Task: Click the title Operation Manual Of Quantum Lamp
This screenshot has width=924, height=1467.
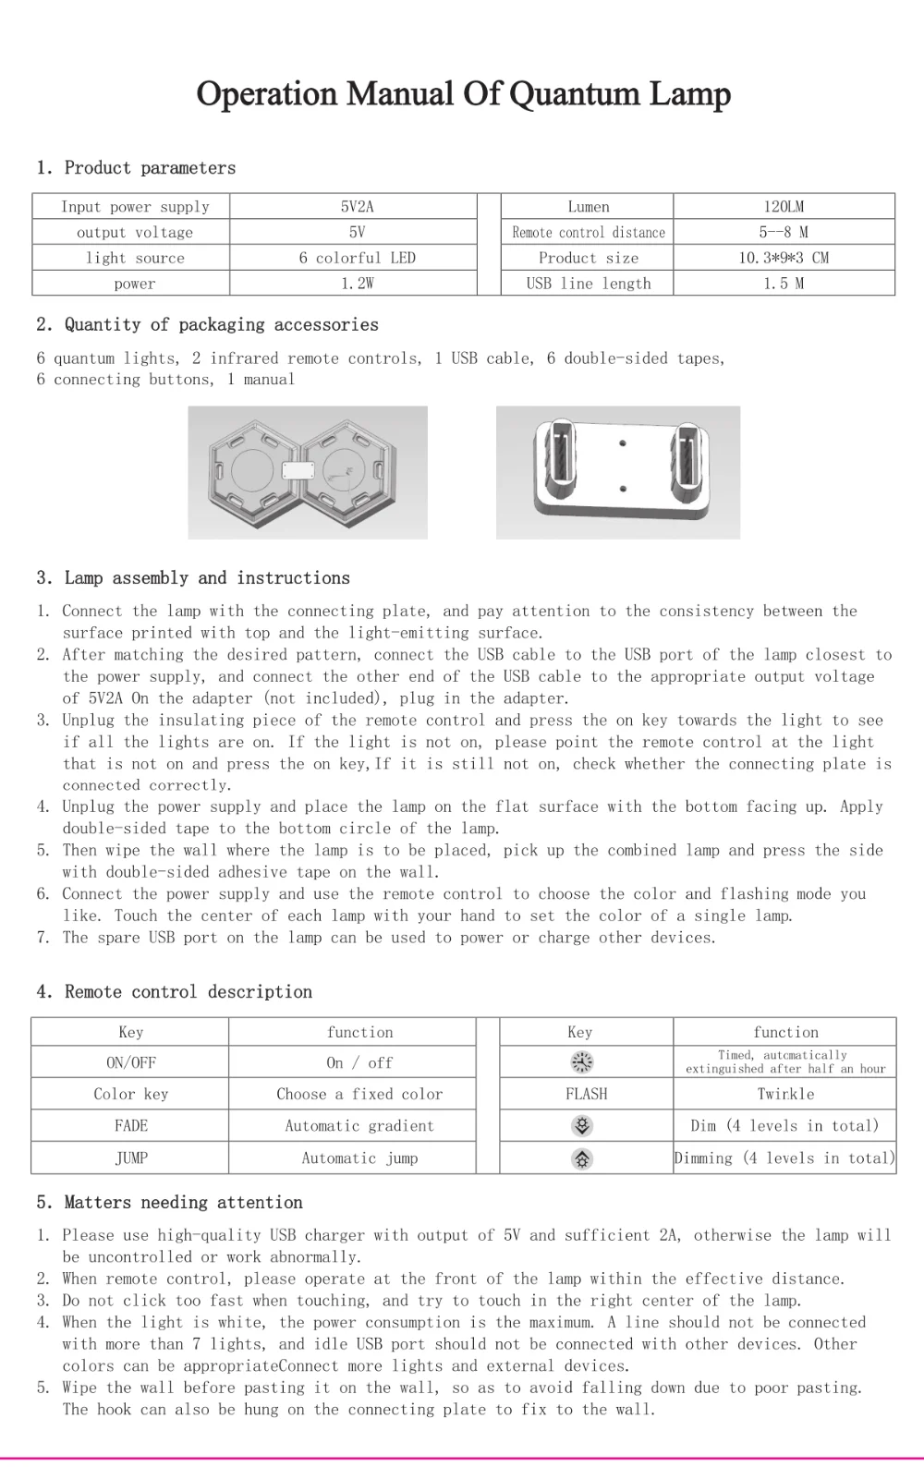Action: [x=463, y=93]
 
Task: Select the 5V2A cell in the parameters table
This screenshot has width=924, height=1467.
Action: [x=357, y=207]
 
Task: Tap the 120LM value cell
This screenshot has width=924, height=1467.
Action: [x=784, y=207]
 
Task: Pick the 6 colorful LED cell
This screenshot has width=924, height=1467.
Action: [x=357, y=258]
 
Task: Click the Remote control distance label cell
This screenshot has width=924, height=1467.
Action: [x=589, y=233]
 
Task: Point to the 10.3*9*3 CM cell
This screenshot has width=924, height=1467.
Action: [x=784, y=258]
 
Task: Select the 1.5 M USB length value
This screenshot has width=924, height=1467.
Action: [x=784, y=284]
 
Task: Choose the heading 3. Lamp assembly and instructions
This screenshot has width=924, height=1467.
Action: [x=193, y=577]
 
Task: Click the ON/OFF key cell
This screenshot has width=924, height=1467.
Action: [x=131, y=1062]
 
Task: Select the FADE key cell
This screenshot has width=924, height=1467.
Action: [x=131, y=1126]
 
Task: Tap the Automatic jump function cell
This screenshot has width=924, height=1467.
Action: [x=359, y=1158]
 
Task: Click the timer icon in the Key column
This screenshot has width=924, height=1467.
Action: [x=582, y=1062]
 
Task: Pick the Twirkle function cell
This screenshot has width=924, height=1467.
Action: [x=785, y=1094]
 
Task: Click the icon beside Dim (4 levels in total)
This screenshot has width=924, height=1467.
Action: [x=582, y=1126]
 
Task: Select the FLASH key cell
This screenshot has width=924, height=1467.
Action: [x=587, y=1094]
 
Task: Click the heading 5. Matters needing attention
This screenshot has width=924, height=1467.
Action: [x=170, y=1202]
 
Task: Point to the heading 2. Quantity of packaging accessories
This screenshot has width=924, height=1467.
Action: [x=208, y=324]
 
